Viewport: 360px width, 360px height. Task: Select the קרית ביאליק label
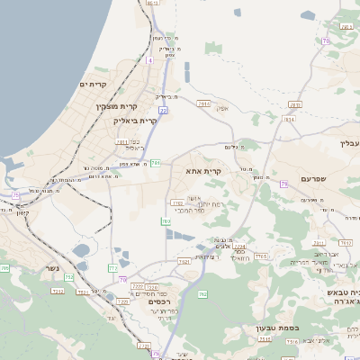click(x=136, y=120)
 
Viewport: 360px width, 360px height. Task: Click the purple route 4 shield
click(x=148, y=60)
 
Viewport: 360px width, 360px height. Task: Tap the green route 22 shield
click(x=164, y=110)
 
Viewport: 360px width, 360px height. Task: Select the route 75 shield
click(x=15, y=194)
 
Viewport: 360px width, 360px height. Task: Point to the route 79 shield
click(x=283, y=184)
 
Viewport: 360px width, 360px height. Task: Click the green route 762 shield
click(x=202, y=294)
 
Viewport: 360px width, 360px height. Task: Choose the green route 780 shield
click(x=156, y=162)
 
